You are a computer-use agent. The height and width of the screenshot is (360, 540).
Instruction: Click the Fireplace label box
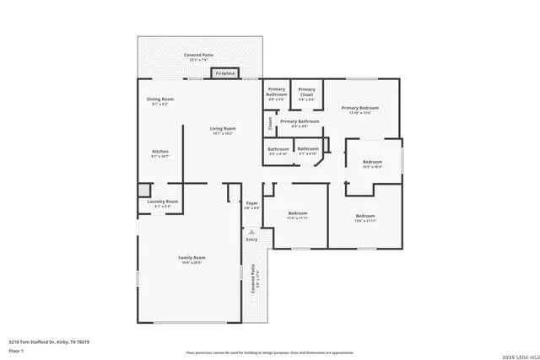[x=225, y=73]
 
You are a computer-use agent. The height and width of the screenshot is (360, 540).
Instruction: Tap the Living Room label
[x=223, y=130]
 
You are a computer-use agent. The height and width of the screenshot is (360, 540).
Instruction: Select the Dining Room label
[x=159, y=100]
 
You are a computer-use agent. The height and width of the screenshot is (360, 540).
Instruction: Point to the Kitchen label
[x=160, y=153]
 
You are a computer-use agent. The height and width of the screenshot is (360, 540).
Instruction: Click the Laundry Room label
[x=162, y=202]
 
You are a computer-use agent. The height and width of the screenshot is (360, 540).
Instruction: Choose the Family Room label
[x=192, y=259]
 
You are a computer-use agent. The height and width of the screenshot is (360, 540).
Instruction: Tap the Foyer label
[x=251, y=204]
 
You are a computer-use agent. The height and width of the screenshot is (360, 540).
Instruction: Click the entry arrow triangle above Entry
[x=251, y=231]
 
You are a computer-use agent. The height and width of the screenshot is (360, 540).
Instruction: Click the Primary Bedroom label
[x=359, y=110]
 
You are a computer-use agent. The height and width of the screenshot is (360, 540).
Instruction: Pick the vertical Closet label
[x=270, y=125]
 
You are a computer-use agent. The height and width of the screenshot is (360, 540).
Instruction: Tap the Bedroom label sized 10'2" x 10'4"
[x=372, y=164]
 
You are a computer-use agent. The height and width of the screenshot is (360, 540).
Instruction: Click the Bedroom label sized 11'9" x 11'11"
[x=297, y=215]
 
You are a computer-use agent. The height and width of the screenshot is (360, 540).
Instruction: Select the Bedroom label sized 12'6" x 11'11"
[x=364, y=218]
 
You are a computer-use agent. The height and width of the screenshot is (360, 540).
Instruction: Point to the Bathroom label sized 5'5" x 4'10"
[x=278, y=151]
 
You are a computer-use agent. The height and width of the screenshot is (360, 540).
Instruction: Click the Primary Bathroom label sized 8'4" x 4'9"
[x=300, y=123]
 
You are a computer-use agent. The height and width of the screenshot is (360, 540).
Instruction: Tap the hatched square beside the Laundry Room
[x=144, y=190]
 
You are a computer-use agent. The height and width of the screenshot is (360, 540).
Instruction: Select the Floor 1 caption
[x=17, y=351]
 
